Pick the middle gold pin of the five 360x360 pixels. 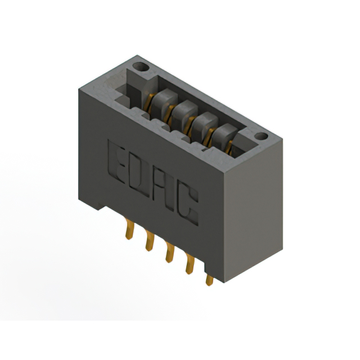pos(168,253)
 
